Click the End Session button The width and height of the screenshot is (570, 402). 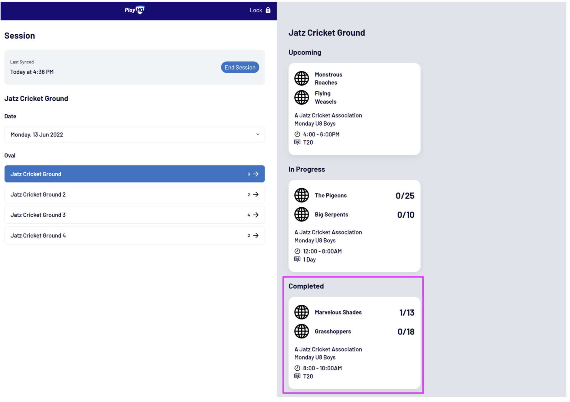pos(240,68)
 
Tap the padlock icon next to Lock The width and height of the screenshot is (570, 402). pos(268,10)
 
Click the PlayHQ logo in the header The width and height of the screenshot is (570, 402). pos(135,10)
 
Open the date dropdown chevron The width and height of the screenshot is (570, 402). pos(258,134)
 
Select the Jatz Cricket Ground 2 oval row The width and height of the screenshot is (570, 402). pos(135,195)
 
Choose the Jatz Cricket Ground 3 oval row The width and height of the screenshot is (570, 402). pos(135,215)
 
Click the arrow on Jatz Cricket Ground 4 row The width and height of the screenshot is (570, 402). pos(256,236)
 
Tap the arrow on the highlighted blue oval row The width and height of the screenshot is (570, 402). pos(256,174)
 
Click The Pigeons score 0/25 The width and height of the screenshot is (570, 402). pos(405,196)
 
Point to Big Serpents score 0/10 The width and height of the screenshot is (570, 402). pos(406,215)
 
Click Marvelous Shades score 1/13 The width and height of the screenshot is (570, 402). pos(407,313)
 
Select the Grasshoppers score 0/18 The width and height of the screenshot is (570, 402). pos(406,332)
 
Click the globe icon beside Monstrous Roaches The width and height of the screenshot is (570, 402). pos(302,78)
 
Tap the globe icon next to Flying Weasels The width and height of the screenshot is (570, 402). pos(302,98)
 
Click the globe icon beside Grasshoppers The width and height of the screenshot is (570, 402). pos(302,331)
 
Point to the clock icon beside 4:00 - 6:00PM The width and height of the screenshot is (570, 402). pos(297,134)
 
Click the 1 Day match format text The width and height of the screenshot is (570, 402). pos(309,260)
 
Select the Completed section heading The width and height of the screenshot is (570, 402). pos(306,286)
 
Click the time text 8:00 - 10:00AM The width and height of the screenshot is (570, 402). pos(322,368)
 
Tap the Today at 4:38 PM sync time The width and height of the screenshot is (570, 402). pos(32,72)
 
